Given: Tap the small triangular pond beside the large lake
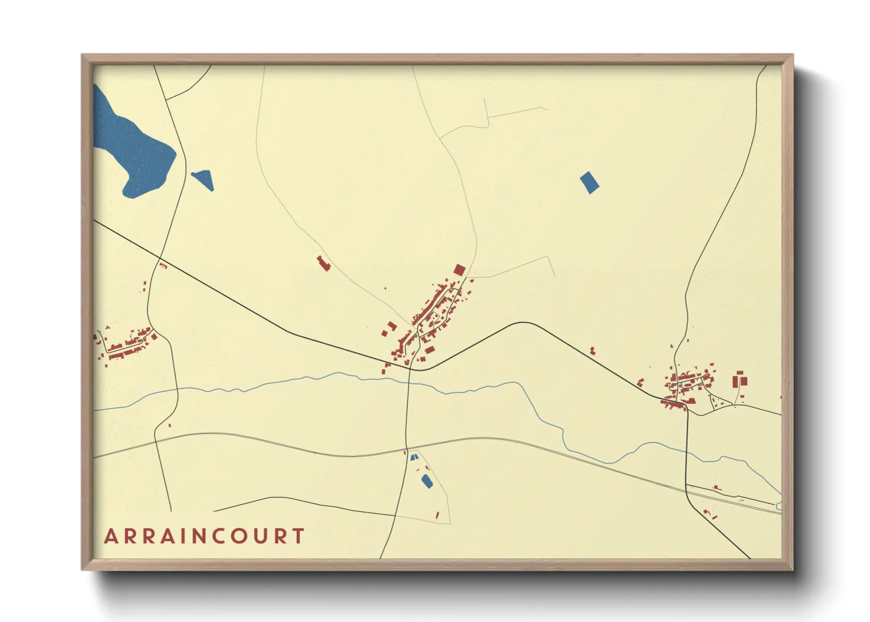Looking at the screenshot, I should tap(203, 179).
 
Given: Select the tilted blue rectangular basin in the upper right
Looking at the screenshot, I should tap(589, 182).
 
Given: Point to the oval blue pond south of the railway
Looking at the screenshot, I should tap(427, 481).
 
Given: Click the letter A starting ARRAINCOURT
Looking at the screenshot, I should tap(111, 536).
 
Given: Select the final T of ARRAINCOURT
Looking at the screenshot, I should tap(298, 536).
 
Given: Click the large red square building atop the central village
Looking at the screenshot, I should tap(459, 270).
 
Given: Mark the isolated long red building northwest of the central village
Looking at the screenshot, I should tap(323, 263).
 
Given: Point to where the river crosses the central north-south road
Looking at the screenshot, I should tap(407, 382).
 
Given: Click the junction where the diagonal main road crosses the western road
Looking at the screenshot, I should tap(160, 258).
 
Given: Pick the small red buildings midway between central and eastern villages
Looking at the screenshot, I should tap(593, 351).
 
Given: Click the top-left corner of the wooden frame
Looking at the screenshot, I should tap(82, 55).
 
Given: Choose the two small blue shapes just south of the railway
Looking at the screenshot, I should tap(414, 456).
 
